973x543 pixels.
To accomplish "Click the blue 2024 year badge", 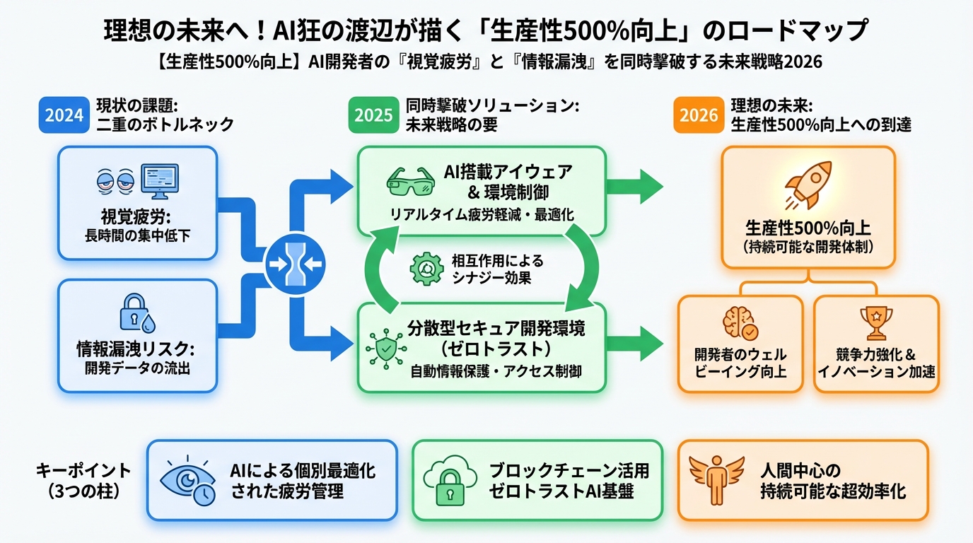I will (x=64, y=115).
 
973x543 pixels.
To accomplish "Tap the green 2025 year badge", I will (x=373, y=115).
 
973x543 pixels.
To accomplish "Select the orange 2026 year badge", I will (x=699, y=115).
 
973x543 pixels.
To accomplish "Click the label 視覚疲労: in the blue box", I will (x=137, y=217).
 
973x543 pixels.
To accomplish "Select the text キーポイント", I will (x=83, y=469).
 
